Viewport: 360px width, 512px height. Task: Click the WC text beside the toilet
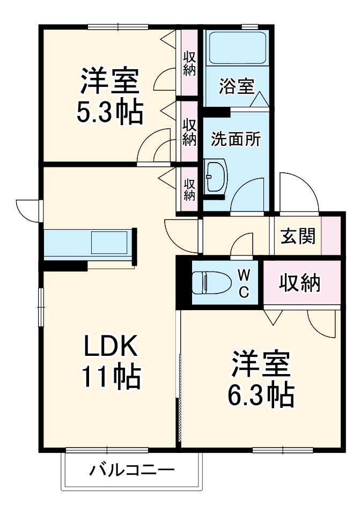click(x=243, y=283)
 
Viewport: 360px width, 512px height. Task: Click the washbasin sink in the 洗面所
click(x=216, y=175)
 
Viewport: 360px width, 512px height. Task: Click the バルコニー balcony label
click(x=131, y=471)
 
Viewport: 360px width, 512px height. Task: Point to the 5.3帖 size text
click(x=111, y=112)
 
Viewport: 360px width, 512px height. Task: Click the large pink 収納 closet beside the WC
click(x=299, y=282)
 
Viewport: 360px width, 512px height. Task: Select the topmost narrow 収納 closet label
click(x=189, y=63)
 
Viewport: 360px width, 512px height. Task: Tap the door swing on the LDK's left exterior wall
click(x=28, y=209)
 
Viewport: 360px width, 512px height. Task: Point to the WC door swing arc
click(x=241, y=245)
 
